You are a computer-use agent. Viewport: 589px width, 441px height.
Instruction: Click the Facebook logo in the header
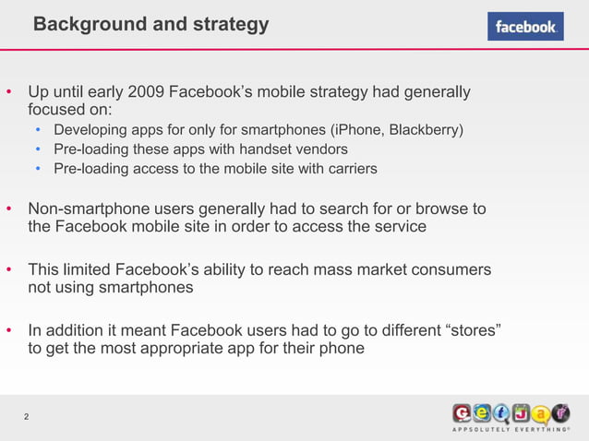(x=525, y=27)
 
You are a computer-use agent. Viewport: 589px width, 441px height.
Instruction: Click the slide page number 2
(x=26, y=418)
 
